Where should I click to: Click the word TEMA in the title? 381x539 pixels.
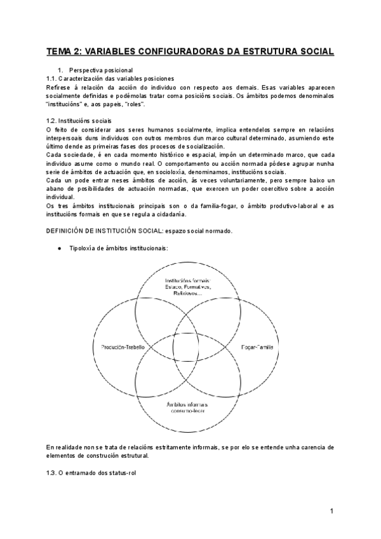click(x=62, y=51)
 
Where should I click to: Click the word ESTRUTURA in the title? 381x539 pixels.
click(x=255, y=51)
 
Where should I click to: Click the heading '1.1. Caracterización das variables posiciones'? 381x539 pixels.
click(x=110, y=78)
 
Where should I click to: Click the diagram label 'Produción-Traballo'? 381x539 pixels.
click(x=123, y=348)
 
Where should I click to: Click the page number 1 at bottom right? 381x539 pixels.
click(x=331, y=511)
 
